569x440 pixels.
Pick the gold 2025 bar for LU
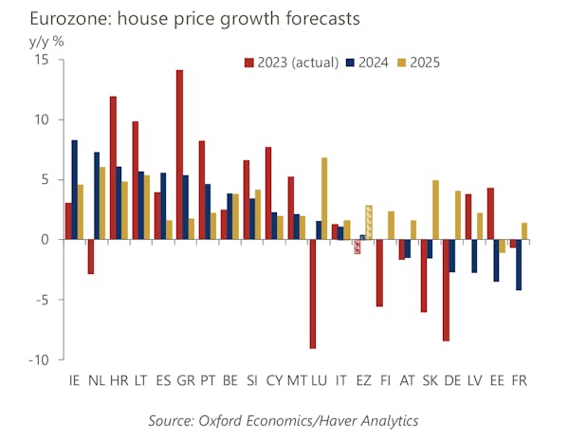(324, 198)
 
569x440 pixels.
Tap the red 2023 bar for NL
(91, 256)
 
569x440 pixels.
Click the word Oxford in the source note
(228, 419)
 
